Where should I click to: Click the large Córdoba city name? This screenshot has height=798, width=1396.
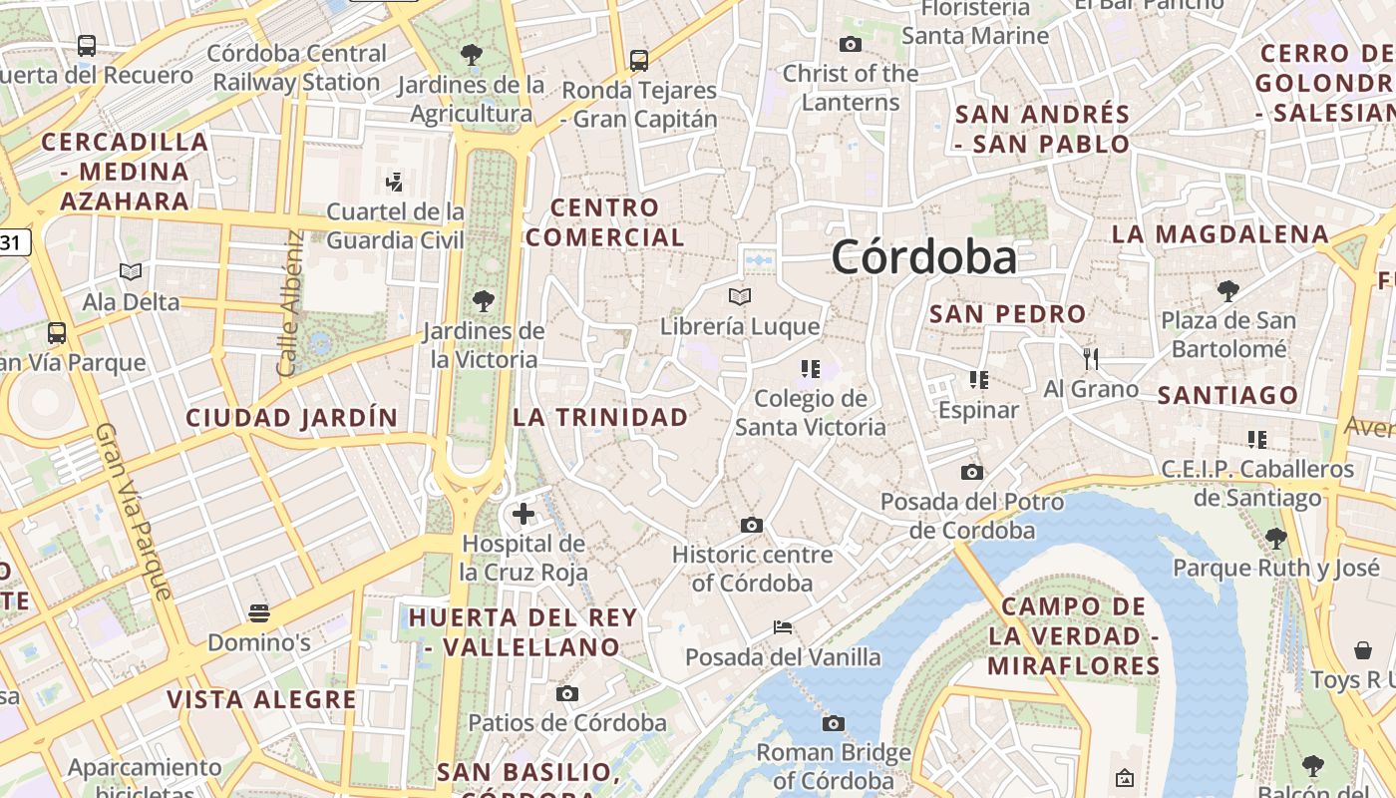(x=924, y=257)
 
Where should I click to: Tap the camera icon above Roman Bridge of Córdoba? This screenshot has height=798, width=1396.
(x=834, y=723)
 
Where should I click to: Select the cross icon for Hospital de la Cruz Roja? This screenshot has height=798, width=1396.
(x=523, y=515)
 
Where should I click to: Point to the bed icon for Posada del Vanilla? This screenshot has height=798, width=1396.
(x=783, y=627)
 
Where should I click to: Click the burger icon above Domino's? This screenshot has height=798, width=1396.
(x=259, y=612)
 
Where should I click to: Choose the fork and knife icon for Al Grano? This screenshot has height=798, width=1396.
(x=1091, y=358)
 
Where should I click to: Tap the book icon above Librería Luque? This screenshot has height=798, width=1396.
(x=739, y=296)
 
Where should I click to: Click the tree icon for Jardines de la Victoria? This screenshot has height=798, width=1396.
(x=484, y=299)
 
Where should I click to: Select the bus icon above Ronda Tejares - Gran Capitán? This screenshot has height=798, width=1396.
(x=639, y=60)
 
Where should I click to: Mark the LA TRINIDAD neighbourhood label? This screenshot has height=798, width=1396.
(x=600, y=417)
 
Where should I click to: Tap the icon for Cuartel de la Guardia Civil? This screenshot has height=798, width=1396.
(x=395, y=182)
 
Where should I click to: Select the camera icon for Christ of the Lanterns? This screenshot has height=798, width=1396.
(x=851, y=44)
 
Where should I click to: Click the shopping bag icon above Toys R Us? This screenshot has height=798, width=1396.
(x=1363, y=650)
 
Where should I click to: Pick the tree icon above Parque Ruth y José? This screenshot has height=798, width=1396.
(x=1275, y=539)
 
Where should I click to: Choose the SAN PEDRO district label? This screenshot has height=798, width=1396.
(x=1007, y=314)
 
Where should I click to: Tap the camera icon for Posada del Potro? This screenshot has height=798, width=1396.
(x=972, y=472)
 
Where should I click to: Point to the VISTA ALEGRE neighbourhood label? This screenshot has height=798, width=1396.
(x=261, y=699)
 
